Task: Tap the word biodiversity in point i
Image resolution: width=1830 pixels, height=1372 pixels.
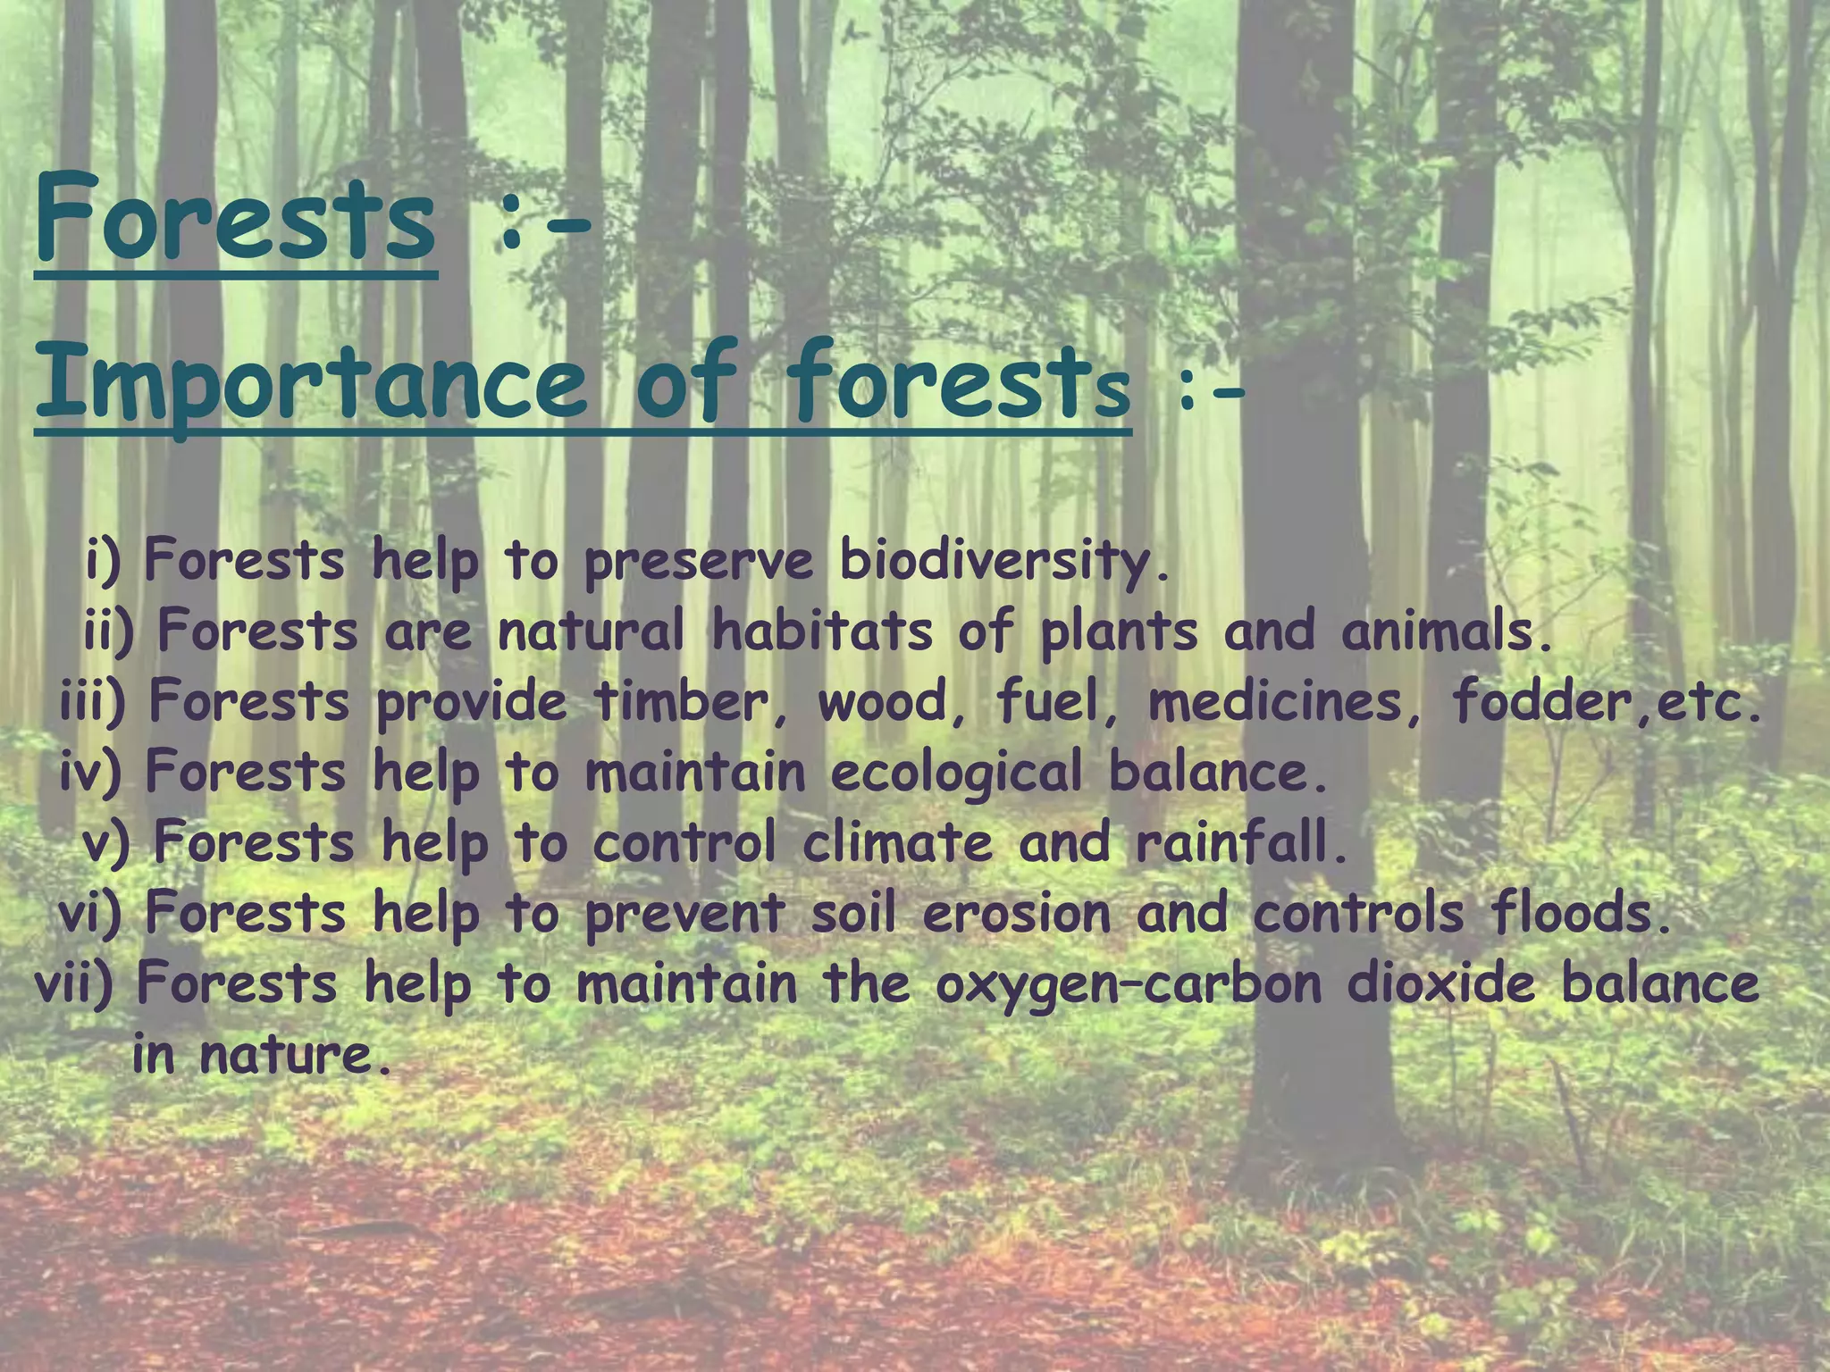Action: pyautogui.click(x=1003, y=562)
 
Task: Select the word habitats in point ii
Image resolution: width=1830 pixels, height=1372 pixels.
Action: pyautogui.click(x=822, y=632)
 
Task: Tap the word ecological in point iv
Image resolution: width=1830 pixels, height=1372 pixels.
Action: pyautogui.click(x=956, y=773)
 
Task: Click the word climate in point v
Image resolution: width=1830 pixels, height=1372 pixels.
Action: pyautogui.click(x=897, y=843)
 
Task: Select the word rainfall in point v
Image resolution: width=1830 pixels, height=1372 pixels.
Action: pyautogui.click(x=1242, y=843)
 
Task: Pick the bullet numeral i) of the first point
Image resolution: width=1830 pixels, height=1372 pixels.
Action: pyautogui.click(x=103, y=562)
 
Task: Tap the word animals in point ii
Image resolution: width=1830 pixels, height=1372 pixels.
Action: pyautogui.click(x=1448, y=632)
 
